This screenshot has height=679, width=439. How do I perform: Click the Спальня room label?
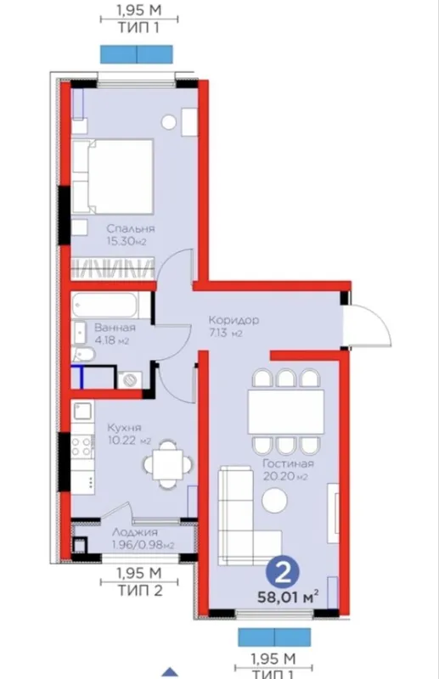(x=131, y=228)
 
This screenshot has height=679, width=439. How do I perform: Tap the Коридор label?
(x=234, y=320)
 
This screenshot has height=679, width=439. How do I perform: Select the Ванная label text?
(x=115, y=328)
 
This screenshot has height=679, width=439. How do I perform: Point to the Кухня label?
(x=124, y=428)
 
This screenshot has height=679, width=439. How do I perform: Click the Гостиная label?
(x=289, y=463)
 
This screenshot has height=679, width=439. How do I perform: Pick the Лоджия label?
(x=135, y=532)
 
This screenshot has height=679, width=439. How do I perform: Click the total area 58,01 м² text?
(x=289, y=598)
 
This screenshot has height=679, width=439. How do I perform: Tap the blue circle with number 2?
(x=283, y=575)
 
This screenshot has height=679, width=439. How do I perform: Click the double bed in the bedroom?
(x=113, y=177)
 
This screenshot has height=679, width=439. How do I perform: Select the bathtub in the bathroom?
(x=105, y=305)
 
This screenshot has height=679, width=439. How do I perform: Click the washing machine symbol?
(x=130, y=379)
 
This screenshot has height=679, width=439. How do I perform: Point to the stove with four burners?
(x=82, y=446)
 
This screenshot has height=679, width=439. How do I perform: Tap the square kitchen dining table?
(x=168, y=464)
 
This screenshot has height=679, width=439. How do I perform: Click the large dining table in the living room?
(x=286, y=412)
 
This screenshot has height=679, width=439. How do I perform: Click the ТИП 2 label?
(x=139, y=590)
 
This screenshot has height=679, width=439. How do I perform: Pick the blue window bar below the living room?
(x=274, y=637)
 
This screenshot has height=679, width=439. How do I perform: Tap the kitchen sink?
(x=82, y=411)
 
